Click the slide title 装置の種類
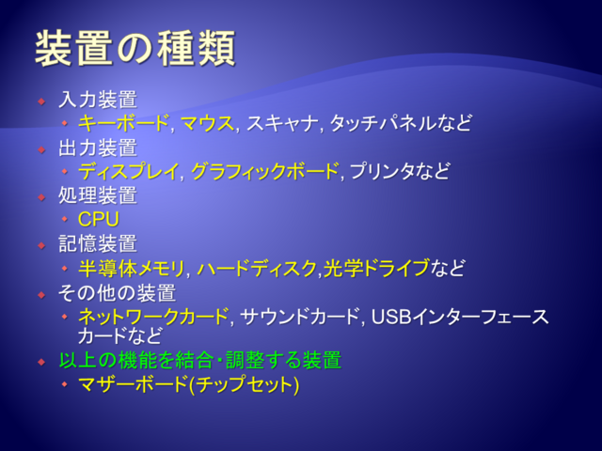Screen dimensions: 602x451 pos(135,49)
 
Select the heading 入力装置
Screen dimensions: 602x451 pos(98,100)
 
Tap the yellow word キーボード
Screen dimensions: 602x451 pos(123,123)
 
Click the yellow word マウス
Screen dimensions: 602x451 pos(207,123)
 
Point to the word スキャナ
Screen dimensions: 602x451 pos(282,123)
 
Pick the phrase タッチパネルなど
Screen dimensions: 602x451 pos(400,123)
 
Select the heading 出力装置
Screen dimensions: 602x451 pos(98,148)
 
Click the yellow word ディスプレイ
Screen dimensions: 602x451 pos(128,171)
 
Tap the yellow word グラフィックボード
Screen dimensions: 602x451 pos(264,171)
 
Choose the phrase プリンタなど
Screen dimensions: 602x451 pos(400,171)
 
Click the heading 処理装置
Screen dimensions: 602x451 pos(98,195)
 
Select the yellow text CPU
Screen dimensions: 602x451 pos(99,219)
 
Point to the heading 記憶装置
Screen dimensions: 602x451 pos(98,243)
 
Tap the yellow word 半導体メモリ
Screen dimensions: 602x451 pos(132,268)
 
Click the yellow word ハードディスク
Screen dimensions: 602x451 pos(257,268)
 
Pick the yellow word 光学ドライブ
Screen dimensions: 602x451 pos(376,268)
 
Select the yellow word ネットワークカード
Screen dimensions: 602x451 pos(153,317)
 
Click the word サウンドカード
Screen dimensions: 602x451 pos(299,317)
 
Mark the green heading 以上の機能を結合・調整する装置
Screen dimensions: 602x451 pos(200,360)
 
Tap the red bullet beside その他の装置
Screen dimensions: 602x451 pos(41,295)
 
